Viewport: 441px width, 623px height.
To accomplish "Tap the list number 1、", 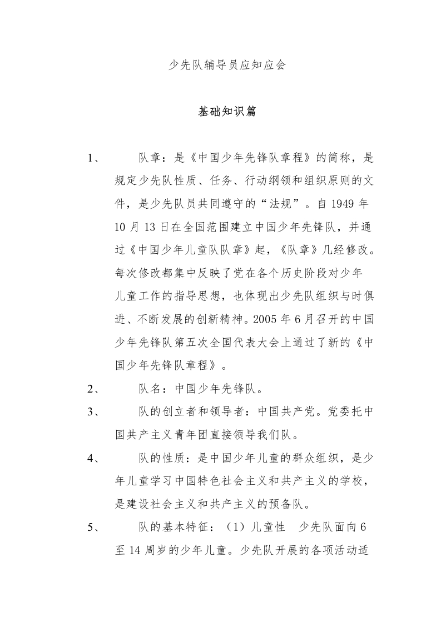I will click(94, 158).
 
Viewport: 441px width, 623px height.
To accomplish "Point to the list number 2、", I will click(94, 389).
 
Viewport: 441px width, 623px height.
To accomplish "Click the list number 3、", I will click(94, 413).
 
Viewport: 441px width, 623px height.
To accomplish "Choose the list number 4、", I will click(94, 459).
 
